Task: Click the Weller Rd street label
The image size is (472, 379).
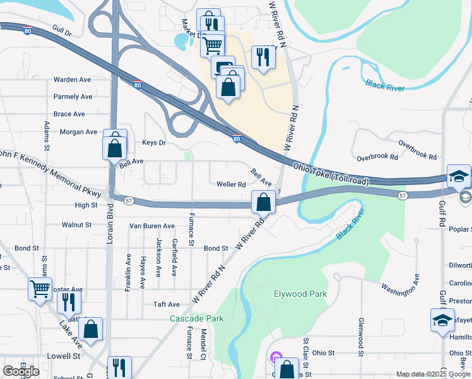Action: pos(231,185)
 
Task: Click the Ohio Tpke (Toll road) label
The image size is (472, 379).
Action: pos(331,174)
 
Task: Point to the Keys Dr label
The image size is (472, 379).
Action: pos(153,143)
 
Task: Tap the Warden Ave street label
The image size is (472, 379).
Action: pos(73,80)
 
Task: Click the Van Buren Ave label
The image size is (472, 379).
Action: pos(151,226)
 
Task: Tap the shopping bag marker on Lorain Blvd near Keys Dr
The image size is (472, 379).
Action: pos(114,147)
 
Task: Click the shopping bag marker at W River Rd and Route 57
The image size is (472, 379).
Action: pos(264,202)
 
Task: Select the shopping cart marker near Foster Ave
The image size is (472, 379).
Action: pos(40,289)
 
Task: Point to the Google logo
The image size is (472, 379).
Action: pos(21,371)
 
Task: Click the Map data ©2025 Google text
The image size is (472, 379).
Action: pos(434,374)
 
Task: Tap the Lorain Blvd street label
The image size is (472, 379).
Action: pos(110,221)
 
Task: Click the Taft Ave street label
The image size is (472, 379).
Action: pos(167,304)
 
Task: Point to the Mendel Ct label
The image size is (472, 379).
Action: pos(203,344)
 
